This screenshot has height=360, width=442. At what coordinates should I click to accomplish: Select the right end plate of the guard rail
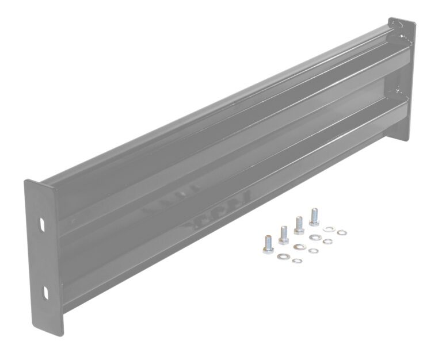click(x=402, y=81)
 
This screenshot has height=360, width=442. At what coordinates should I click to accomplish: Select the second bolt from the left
click(x=283, y=233)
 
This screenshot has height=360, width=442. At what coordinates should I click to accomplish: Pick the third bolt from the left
click(x=299, y=224)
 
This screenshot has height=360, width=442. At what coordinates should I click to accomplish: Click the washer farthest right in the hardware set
click(x=342, y=232)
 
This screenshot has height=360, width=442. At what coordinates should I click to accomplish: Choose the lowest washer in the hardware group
click(x=297, y=261)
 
